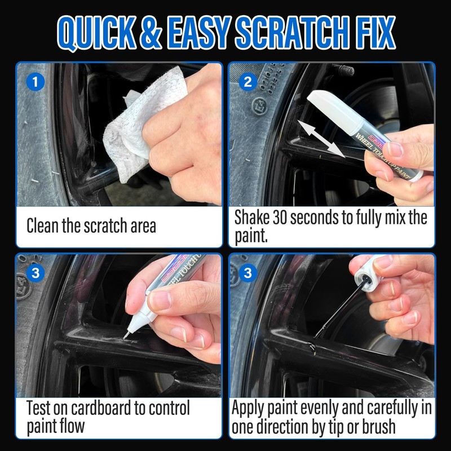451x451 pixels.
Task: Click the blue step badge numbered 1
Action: (36, 82)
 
